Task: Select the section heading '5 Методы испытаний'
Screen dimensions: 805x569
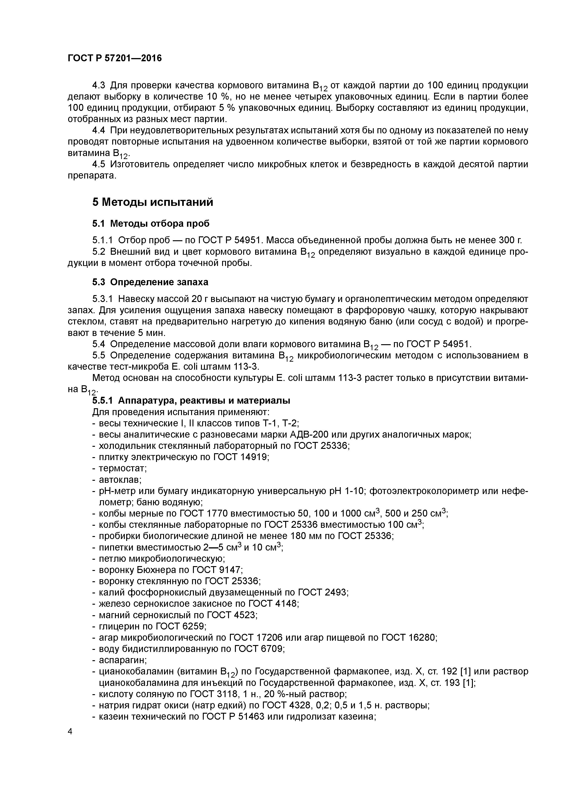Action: pyautogui.click(x=153, y=202)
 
